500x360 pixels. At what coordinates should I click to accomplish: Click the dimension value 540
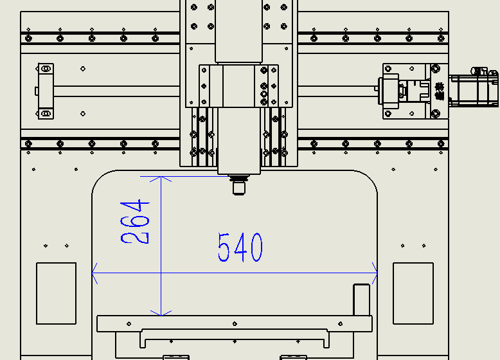pyautogui.click(x=240, y=248)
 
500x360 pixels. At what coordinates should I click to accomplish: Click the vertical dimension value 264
pyautogui.click(x=134, y=222)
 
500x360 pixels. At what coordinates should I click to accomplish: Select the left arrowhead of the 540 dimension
pyautogui.click(x=94, y=273)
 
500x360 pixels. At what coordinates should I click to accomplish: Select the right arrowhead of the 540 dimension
pyautogui.click(x=375, y=273)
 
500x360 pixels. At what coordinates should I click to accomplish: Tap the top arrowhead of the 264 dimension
pyautogui.click(x=161, y=179)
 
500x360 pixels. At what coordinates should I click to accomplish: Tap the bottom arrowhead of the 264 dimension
pyautogui.click(x=161, y=313)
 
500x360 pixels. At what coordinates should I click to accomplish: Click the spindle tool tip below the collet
pyautogui.click(x=239, y=188)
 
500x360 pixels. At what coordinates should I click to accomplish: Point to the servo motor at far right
pyautogui.click(x=474, y=87)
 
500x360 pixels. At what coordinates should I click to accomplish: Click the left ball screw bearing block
pyautogui.click(x=46, y=91)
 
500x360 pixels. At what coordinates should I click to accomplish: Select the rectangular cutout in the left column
pyautogui.click(x=56, y=293)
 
